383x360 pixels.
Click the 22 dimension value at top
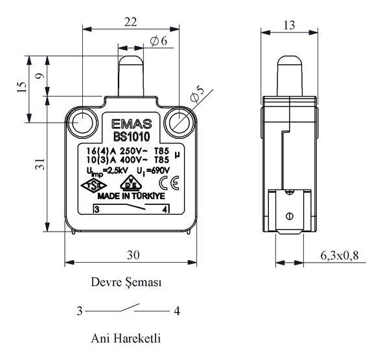click(131, 22)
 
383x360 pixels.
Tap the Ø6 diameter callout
click(159, 41)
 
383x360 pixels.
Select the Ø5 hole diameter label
click(197, 94)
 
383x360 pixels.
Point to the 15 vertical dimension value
click(22, 87)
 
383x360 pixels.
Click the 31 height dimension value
click(40, 164)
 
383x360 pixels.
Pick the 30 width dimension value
click(133, 255)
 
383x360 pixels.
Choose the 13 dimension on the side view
click(289, 25)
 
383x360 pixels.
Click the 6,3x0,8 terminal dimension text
click(340, 256)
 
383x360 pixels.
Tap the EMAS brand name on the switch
click(132, 124)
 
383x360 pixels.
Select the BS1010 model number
click(132, 137)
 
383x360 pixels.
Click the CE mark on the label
click(169, 183)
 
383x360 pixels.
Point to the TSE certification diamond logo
click(94, 186)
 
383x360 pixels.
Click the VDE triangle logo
click(131, 183)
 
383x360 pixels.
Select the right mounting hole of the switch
click(180, 123)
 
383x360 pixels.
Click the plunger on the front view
click(131, 76)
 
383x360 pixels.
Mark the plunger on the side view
click(290, 76)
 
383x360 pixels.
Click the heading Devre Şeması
click(126, 282)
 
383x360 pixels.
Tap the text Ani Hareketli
click(126, 339)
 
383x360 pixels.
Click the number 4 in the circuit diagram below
click(177, 311)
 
